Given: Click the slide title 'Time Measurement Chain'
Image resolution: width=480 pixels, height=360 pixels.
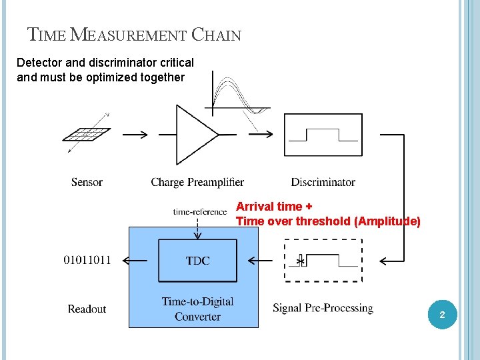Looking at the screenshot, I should click(134, 34).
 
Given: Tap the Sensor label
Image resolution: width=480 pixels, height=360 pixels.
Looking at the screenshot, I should click(87, 182).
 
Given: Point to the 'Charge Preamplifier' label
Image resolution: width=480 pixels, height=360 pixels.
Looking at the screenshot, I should click(197, 182).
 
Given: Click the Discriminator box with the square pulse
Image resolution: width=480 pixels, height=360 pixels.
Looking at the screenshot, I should click(323, 135).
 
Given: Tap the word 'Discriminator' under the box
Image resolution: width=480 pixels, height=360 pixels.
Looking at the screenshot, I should click(323, 182).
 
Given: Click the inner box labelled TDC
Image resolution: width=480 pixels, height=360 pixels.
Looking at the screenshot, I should click(197, 261).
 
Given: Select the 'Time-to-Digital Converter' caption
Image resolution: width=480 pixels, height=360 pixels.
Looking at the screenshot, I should click(197, 309).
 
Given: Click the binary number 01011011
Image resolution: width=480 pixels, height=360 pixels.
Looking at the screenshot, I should click(87, 260).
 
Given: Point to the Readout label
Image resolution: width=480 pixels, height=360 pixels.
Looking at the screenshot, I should click(87, 309).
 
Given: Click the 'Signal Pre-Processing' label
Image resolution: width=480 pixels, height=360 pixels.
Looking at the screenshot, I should click(323, 308).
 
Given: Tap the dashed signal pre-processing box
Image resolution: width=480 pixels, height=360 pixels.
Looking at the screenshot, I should click(324, 261).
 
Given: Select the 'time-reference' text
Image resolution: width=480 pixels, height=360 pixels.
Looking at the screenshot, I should click(200, 212).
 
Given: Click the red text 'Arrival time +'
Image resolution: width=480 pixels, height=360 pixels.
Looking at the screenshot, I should click(275, 207).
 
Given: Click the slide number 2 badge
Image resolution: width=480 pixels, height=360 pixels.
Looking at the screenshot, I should click(442, 313).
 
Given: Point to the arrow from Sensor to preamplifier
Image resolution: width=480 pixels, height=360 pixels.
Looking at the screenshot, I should click(135, 135).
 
